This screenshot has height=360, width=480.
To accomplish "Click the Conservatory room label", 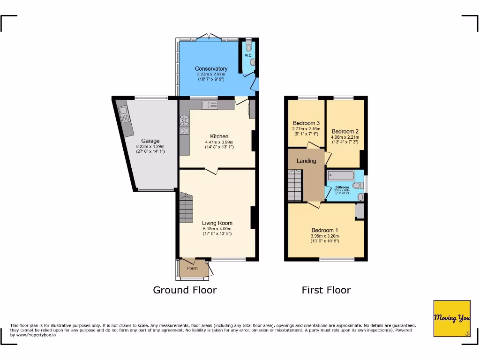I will (x=211, y=69).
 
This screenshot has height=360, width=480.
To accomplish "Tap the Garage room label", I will (x=150, y=141).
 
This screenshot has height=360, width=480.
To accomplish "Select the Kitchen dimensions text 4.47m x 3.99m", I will (x=219, y=142).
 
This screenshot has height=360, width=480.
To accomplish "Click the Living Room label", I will (x=217, y=223).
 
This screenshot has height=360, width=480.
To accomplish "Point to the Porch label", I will (x=192, y=269).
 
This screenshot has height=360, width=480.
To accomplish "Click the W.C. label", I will (x=248, y=56).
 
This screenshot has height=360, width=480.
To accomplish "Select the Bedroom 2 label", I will (x=345, y=131).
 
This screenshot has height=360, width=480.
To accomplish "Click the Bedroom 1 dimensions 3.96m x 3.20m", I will (x=325, y=236).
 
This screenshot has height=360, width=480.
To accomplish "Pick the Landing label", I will (x=306, y=161).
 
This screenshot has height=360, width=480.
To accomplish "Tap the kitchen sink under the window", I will (x=209, y=105).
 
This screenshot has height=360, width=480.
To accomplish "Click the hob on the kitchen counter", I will (x=184, y=125).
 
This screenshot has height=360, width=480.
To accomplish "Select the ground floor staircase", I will (x=185, y=209).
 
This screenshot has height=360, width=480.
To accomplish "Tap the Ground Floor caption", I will (x=185, y=290).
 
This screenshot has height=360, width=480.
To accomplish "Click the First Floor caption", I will (x=326, y=290).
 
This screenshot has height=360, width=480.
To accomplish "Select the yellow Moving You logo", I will (x=451, y=318).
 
